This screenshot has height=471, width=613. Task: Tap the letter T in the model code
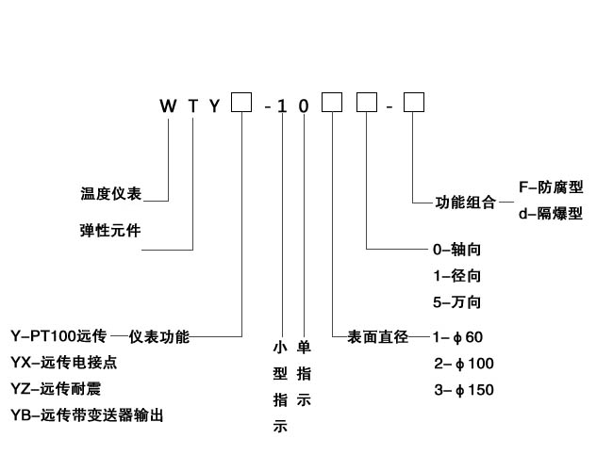tap(193, 106)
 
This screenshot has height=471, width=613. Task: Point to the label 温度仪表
tap(110, 195)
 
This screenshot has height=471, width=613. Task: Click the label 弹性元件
tap(110, 230)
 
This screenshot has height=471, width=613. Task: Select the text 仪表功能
tap(159, 336)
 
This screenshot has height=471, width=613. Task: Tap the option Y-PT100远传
tap(58, 336)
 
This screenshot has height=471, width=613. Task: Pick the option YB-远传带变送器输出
tap(92, 415)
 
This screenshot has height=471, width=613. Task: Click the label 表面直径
tap(377, 336)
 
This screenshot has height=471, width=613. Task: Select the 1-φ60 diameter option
tap(457, 336)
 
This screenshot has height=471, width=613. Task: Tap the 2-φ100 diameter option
tap(463, 363)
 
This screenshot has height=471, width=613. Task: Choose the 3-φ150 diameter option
tap(463, 389)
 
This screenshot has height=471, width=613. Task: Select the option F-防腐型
tap(551, 188)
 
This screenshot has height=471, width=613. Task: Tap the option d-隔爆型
tap(551, 214)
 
